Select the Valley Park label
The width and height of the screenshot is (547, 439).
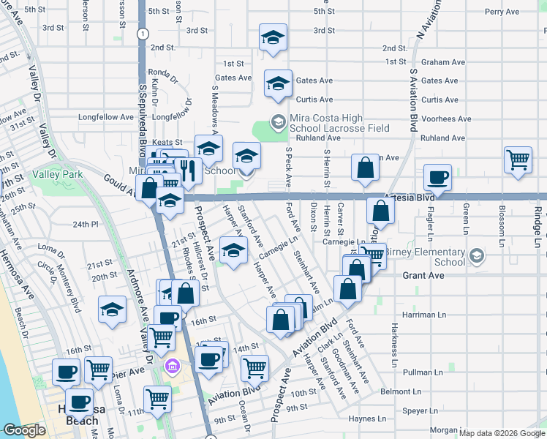pos(57,174)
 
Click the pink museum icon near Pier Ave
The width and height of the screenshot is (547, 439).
pos(172,366)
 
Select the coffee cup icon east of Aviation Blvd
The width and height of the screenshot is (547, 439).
pos(437,176)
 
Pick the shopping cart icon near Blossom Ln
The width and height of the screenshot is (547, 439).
pos(518,158)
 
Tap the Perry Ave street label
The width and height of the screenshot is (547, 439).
pos(502,12)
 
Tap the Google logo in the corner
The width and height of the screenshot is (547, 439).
pos(24,430)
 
